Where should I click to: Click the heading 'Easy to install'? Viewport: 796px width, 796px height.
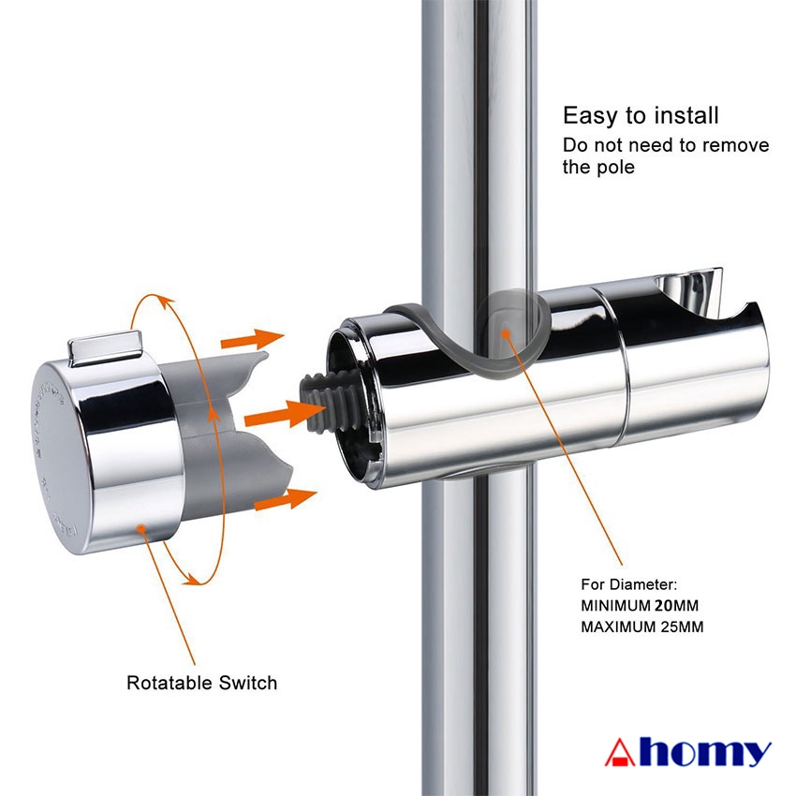(641, 116)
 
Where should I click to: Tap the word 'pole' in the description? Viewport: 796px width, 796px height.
(615, 168)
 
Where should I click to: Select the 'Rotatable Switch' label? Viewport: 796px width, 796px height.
(201, 683)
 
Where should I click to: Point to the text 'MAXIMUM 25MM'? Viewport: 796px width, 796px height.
(642, 626)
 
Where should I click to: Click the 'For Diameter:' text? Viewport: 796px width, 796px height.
(629, 584)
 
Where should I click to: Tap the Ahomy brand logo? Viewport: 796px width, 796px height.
(688, 752)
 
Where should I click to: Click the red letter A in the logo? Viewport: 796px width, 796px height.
(619, 752)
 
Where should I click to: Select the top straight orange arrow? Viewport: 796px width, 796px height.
(252, 339)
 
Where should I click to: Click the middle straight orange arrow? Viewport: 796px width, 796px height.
(285, 413)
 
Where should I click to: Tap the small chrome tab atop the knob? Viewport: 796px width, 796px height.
(105, 347)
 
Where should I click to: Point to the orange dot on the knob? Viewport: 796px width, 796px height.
(141, 529)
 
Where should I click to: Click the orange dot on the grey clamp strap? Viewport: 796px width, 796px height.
(505, 332)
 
